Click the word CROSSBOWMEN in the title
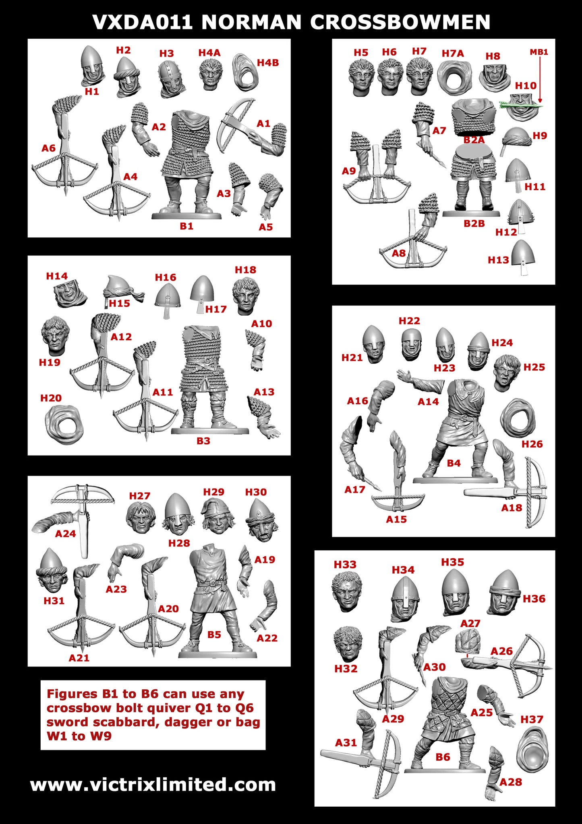[x=400, y=22]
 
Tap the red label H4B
[x=268, y=62]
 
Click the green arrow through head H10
[x=521, y=105]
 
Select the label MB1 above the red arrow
[x=539, y=52]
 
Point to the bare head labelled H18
[x=246, y=295]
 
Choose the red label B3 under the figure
[x=203, y=441]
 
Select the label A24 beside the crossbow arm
[x=65, y=534]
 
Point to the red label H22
[x=409, y=321]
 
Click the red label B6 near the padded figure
[x=443, y=757]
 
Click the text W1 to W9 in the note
[x=79, y=736]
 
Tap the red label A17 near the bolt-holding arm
[x=354, y=489]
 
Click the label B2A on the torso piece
[x=474, y=140]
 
